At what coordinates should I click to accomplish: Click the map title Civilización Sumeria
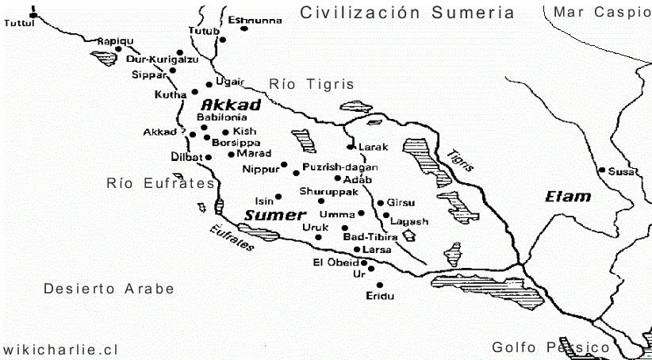(408, 13)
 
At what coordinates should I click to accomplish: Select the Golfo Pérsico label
(550, 347)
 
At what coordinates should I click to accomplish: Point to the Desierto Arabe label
(109, 289)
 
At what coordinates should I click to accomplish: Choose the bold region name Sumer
(274, 215)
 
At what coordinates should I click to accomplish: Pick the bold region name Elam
(568, 197)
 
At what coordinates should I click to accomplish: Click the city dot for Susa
(602, 170)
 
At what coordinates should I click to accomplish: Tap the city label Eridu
(380, 296)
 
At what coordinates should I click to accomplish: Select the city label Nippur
(261, 169)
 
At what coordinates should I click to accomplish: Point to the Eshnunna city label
(254, 20)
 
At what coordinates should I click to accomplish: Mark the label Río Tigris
(311, 84)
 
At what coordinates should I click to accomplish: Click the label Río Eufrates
(161, 183)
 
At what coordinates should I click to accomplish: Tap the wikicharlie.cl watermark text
(60, 349)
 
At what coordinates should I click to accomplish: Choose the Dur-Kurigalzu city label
(162, 59)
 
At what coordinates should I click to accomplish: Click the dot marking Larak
(350, 147)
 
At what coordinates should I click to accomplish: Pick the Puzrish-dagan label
(340, 167)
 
